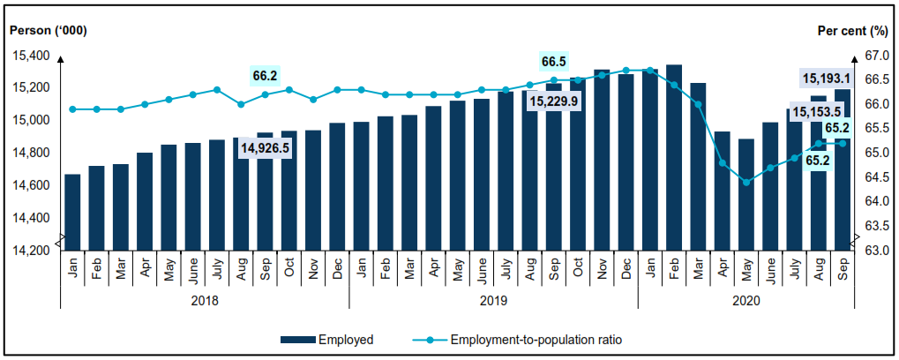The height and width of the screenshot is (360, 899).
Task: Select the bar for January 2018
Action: click(x=72, y=212)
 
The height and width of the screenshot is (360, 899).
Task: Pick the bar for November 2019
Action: click(x=602, y=159)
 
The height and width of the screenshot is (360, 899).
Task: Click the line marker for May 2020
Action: click(x=746, y=183)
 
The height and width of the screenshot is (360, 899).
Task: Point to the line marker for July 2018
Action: click(x=217, y=90)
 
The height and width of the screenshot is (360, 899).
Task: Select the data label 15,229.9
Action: click(x=554, y=101)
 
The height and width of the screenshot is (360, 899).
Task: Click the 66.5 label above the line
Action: click(x=554, y=62)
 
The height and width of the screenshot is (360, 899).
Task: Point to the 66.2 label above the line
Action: click(x=266, y=76)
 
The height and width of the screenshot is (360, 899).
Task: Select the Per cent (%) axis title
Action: click(x=852, y=30)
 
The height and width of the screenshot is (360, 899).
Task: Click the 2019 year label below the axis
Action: click(x=493, y=300)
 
